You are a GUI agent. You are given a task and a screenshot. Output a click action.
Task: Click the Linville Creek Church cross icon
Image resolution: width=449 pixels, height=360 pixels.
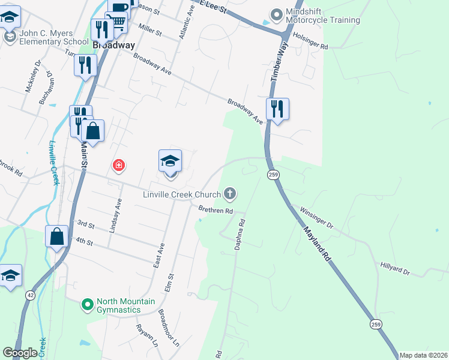(229, 193)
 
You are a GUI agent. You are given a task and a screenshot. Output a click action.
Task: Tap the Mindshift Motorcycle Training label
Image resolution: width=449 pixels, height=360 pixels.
(322, 16)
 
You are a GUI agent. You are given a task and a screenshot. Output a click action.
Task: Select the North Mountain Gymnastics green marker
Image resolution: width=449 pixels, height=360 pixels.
(88, 305)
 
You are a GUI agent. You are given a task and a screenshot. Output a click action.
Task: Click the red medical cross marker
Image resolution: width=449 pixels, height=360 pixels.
(119, 165)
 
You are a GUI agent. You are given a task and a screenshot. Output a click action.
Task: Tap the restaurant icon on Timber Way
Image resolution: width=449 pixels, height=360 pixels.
(277, 109)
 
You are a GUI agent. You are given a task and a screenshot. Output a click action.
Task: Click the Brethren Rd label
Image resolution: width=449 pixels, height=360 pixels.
(215, 211)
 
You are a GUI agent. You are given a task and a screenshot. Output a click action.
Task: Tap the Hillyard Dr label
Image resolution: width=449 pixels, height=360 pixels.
(394, 268)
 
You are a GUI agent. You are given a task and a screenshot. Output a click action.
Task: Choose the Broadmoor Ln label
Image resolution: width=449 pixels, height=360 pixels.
(168, 328)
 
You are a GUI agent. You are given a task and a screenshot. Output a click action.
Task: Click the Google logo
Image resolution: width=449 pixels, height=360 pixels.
(20, 353)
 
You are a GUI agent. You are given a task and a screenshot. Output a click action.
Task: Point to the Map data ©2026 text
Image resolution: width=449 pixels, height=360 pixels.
(423, 355)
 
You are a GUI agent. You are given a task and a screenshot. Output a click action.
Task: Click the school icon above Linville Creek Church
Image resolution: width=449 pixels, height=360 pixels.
(170, 161)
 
